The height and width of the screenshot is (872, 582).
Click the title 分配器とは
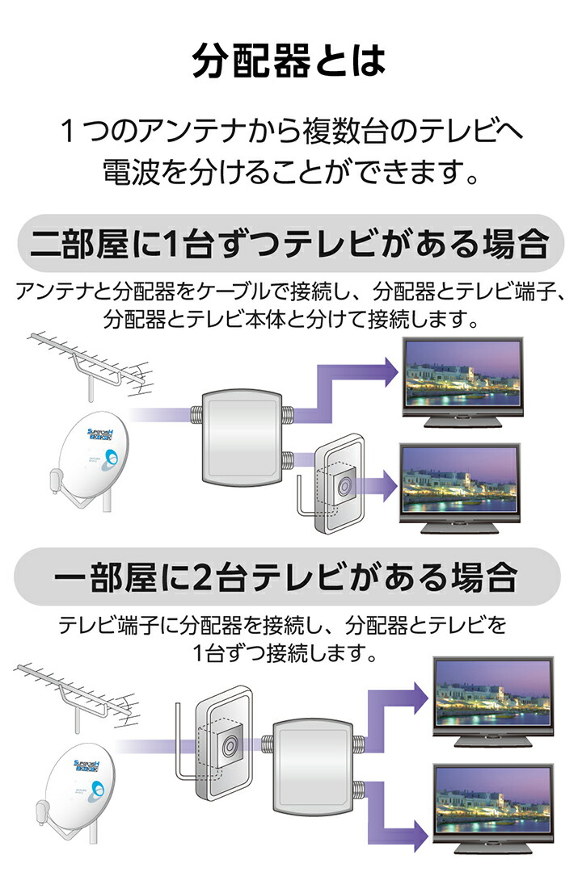(289, 61)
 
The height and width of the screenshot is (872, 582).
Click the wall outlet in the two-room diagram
(339, 484)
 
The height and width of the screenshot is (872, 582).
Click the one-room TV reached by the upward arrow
(492, 698)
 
